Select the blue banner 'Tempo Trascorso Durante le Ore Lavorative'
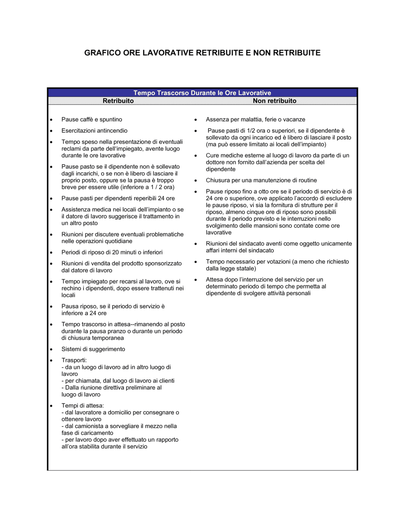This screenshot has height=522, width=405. (202, 93)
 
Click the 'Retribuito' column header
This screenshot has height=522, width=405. (118, 101)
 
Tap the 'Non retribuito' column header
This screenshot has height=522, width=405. (274, 101)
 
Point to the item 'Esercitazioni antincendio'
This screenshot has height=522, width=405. (94, 131)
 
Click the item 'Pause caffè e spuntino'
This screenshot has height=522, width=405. (92, 119)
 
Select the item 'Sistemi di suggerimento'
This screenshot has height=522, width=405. (93, 349)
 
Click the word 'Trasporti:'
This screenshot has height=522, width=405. (74, 360)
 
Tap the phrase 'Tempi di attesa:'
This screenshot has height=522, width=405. (83, 405)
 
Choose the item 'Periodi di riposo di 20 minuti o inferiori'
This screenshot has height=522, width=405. (112, 252)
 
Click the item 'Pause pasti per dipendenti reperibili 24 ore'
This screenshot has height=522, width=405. (118, 198)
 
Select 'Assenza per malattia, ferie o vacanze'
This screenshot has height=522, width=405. (255, 119)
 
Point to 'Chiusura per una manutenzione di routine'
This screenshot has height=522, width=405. (261, 180)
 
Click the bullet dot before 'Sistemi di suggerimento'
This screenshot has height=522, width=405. (51, 350)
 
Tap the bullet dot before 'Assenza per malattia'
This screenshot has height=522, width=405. (196, 120)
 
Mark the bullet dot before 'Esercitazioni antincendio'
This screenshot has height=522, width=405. (51, 131)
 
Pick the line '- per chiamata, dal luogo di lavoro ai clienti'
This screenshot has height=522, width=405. (118, 381)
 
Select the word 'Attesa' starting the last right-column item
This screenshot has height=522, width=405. (214, 280)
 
